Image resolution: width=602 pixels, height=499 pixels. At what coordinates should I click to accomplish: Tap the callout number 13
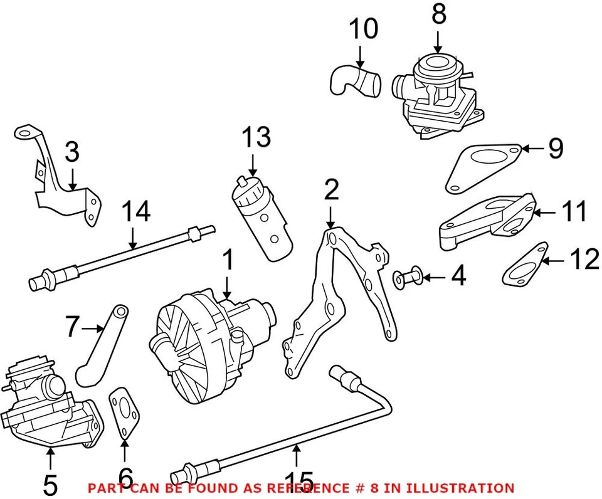256,137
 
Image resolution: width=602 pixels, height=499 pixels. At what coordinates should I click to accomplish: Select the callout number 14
136,212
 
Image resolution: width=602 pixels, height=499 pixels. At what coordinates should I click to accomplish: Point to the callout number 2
332,190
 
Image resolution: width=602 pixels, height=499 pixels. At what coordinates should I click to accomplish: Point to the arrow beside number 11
546,213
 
